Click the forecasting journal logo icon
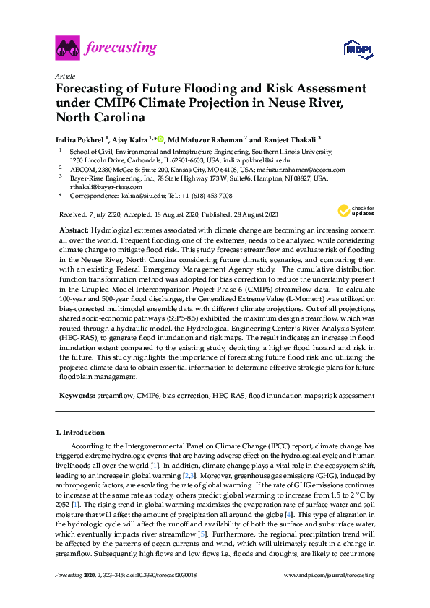pyautogui.click(x=67, y=49)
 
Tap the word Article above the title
pyautogui.click(x=64, y=75)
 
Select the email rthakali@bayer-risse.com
pyautogui.click(x=103, y=187)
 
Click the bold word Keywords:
pyautogui.click(x=77, y=396)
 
